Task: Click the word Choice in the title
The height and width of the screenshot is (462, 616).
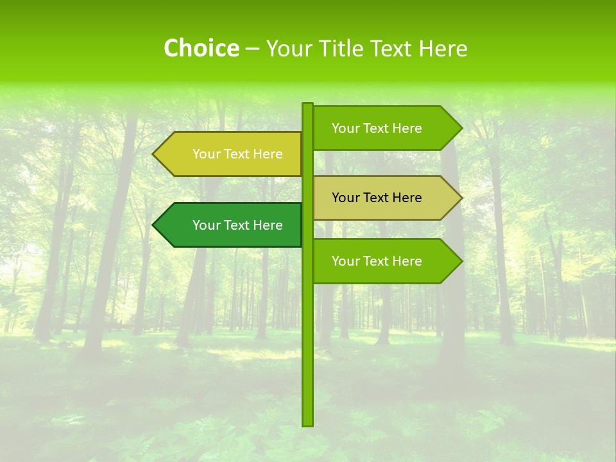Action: (x=201, y=48)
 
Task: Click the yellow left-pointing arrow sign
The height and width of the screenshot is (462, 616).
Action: (x=231, y=154)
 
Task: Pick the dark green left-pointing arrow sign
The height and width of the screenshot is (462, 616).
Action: (x=231, y=225)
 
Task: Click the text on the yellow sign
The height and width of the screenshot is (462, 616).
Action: (x=237, y=154)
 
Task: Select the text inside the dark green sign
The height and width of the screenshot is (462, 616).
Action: (x=237, y=225)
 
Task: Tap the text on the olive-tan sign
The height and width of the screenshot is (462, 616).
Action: (x=377, y=198)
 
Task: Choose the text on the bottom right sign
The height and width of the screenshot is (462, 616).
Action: (x=377, y=261)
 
